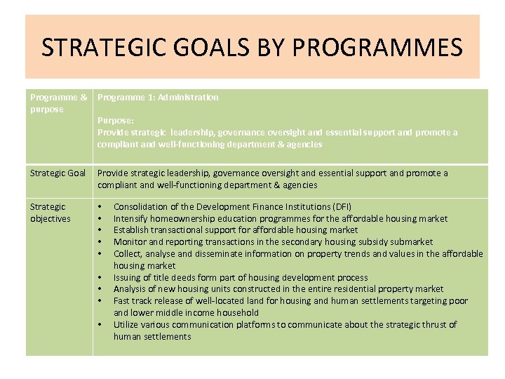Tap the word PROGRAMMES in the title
(x=377, y=48)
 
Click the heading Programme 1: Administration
(x=158, y=97)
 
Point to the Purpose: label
(x=115, y=121)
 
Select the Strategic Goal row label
(x=58, y=173)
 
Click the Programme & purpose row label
(x=58, y=103)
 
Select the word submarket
(x=411, y=241)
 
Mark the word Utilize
(x=126, y=324)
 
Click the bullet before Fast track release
(x=101, y=301)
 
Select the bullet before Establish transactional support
(x=101, y=230)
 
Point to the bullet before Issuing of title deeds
(x=101, y=277)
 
